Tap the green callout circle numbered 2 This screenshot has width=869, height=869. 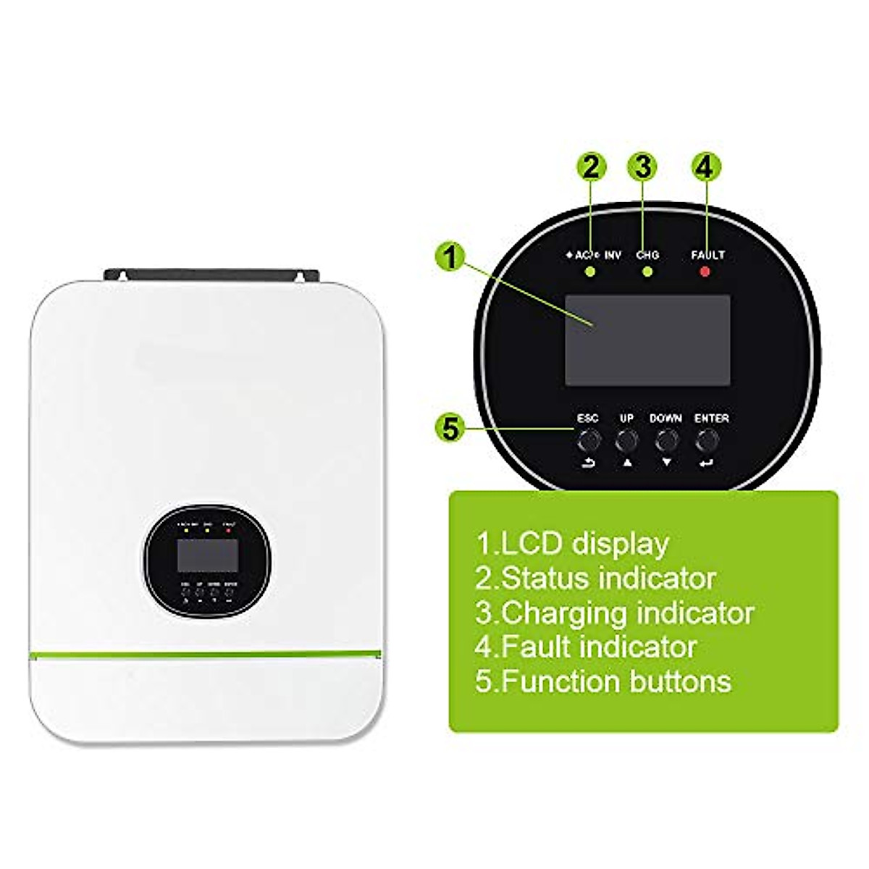[591, 167]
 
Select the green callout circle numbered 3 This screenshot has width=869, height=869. [643, 167]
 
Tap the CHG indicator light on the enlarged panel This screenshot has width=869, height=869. [647, 272]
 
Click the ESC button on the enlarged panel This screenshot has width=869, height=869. [587, 439]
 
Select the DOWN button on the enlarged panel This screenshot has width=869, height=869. [666, 439]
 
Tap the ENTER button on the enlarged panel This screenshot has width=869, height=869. [708, 439]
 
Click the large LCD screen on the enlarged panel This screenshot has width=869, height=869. [647, 340]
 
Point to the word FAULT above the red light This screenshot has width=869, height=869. [708, 255]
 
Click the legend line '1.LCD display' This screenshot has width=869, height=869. [572, 543]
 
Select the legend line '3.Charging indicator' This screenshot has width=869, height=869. [614, 613]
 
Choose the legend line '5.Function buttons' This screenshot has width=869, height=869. [603, 681]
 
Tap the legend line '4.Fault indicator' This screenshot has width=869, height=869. [586, 647]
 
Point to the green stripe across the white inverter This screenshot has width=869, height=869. [206, 656]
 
